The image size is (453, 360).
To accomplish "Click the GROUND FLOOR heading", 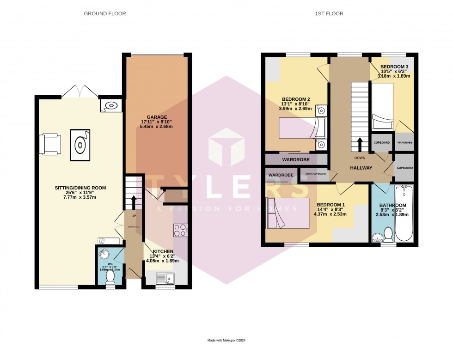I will pos(104,14).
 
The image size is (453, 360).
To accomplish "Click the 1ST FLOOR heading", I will pos(330,14).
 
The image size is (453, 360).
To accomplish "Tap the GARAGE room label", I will pos(158,117).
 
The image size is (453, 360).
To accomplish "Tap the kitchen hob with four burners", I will pos(180,230).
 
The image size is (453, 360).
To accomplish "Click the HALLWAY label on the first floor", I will pos(361,168).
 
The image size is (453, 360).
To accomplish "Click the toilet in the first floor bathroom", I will pos(389,235).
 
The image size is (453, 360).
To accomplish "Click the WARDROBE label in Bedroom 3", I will pos(404,143).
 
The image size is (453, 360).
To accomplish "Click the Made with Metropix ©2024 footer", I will pos(226,341).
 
